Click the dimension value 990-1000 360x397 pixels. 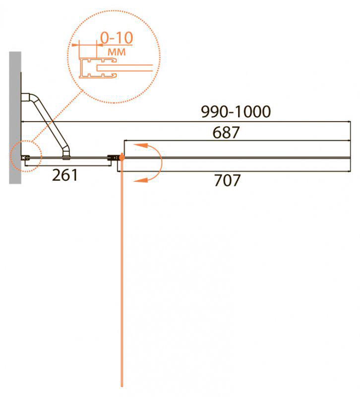pyautogui.click(x=236, y=111)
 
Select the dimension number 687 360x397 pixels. pyautogui.click(x=226, y=132)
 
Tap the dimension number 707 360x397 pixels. pyautogui.click(x=227, y=180)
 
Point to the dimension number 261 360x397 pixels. pyautogui.click(x=65, y=175)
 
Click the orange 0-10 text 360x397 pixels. pyautogui.click(x=117, y=38)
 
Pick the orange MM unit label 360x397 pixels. pyautogui.click(x=117, y=52)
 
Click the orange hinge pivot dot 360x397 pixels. pyautogui.click(x=122, y=158)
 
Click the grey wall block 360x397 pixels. pyautogui.click(x=15, y=118)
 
